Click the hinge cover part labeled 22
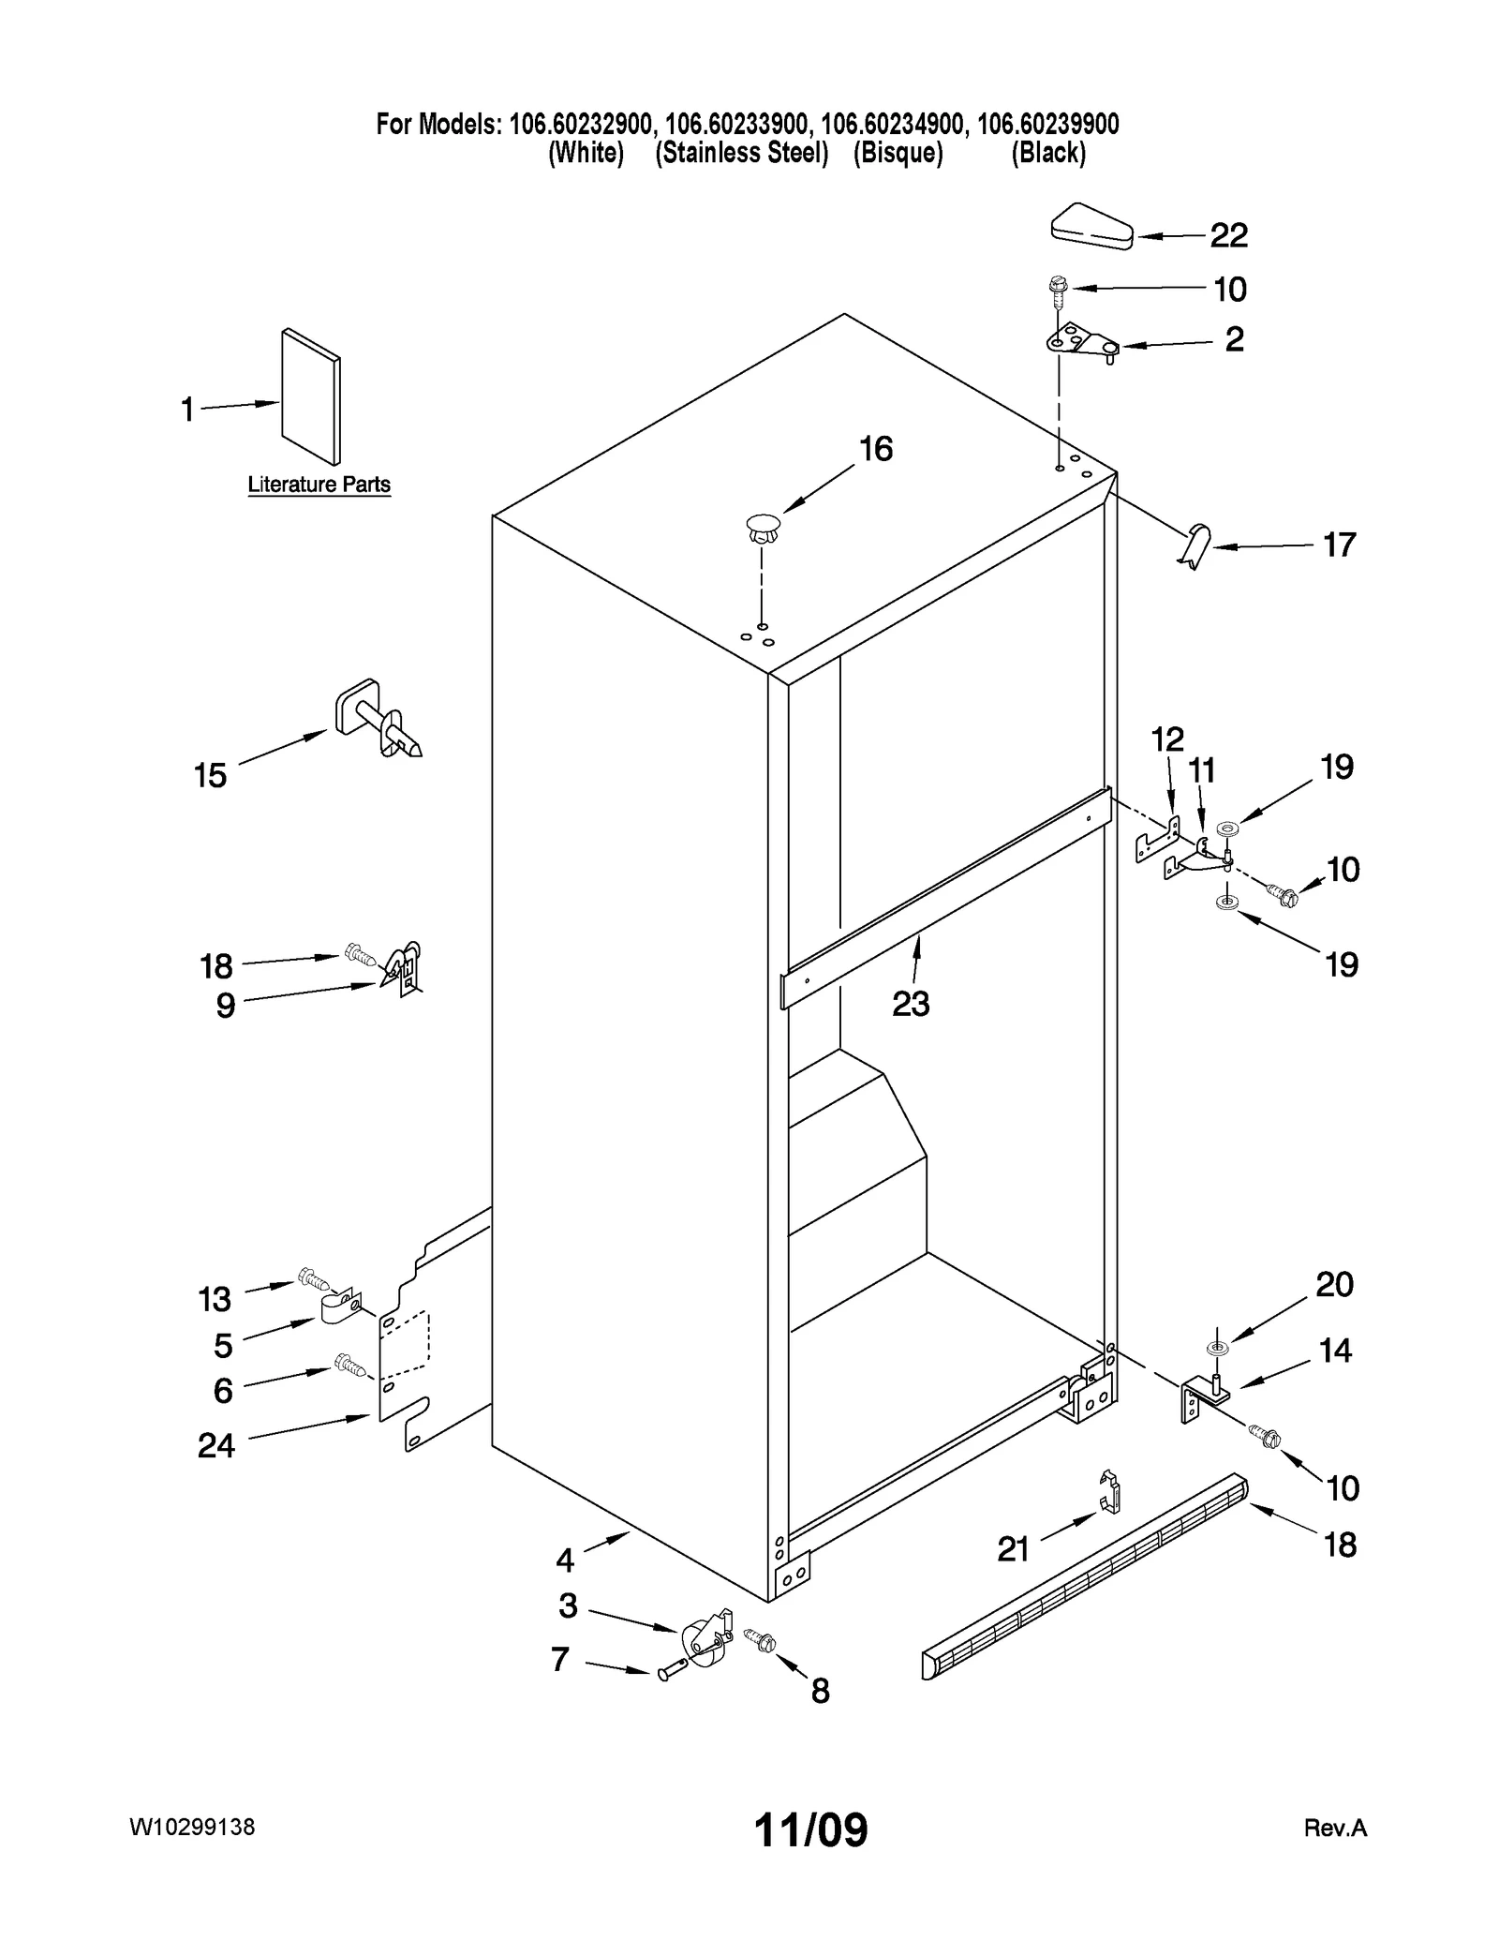click(x=1091, y=227)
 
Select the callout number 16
click(x=876, y=449)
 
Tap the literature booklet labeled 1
click(x=311, y=396)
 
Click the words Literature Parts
click(x=319, y=485)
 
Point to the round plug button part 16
click(x=764, y=528)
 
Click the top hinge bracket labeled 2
click(x=1082, y=342)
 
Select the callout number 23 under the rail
click(x=910, y=1004)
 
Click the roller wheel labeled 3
click(x=703, y=1639)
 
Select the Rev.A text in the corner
click(x=1335, y=1828)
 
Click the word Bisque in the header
click(x=898, y=154)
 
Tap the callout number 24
click(x=216, y=1445)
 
